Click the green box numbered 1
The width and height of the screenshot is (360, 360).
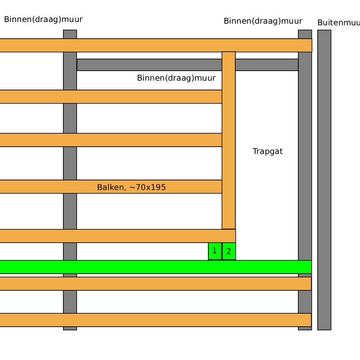(x=215, y=251)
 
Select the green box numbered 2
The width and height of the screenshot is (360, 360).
(x=229, y=251)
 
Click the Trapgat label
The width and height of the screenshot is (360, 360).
(x=267, y=151)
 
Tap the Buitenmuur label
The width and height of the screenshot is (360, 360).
(x=338, y=22)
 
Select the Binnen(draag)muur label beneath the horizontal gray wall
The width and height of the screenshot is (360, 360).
(x=176, y=78)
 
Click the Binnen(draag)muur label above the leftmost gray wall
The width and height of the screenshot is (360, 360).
(x=43, y=19)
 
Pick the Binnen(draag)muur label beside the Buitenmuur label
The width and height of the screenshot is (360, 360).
(x=263, y=21)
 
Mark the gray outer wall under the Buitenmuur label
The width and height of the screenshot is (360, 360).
(x=324, y=180)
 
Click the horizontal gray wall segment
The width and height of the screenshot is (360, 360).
(x=148, y=65)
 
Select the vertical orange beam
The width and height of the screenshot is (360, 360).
(x=229, y=139)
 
